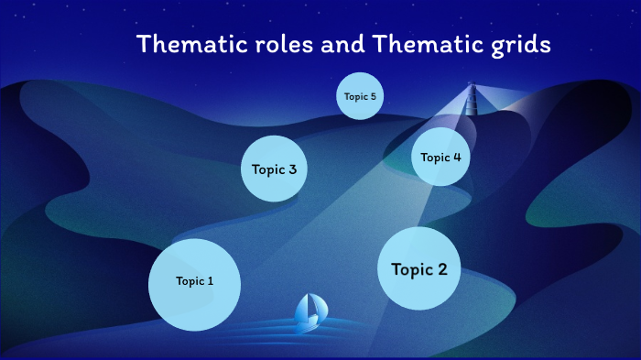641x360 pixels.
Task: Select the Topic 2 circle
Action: (x=419, y=268)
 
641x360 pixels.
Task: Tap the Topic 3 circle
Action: (x=273, y=169)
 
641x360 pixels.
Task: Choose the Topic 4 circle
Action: (x=440, y=157)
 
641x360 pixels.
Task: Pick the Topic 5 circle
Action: (x=359, y=96)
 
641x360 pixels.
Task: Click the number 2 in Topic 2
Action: (x=442, y=269)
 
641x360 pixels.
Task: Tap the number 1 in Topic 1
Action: (x=211, y=281)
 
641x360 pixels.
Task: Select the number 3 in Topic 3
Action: (x=291, y=169)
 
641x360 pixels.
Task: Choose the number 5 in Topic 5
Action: (x=373, y=96)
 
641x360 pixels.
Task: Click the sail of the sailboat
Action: (x=307, y=307)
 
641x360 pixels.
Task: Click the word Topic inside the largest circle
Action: (x=190, y=281)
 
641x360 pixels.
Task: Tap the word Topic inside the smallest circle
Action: (x=354, y=96)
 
